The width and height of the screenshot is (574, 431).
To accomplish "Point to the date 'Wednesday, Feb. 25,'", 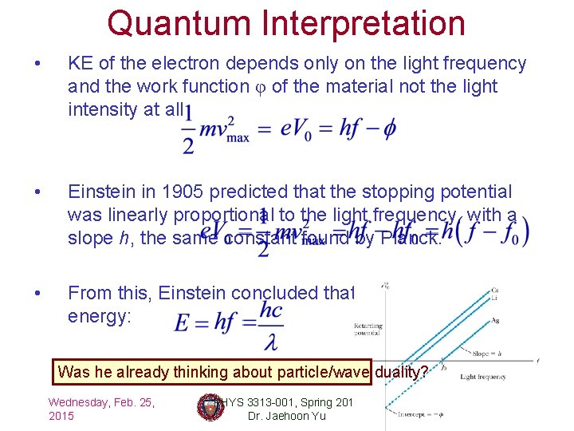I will [x=101, y=401].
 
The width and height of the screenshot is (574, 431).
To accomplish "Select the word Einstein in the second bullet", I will [x=100, y=192].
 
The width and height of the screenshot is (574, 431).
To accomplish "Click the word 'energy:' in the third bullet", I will [x=98, y=316].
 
